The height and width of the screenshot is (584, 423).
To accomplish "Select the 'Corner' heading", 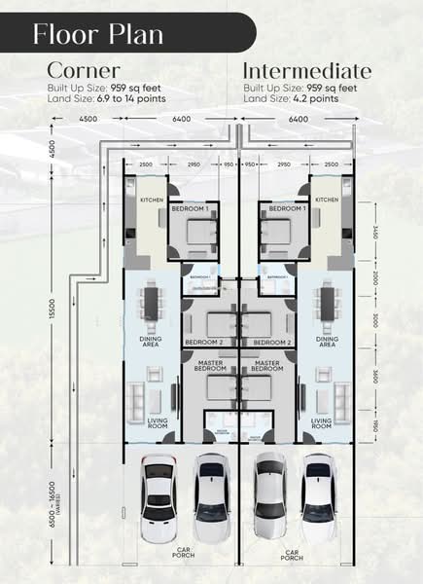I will (x=84, y=71).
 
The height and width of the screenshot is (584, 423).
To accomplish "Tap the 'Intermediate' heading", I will (x=306, y=71).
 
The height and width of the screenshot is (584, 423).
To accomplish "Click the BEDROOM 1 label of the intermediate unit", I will (x=285, y=209).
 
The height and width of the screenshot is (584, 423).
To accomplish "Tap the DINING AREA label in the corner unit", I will (x=151, y=342).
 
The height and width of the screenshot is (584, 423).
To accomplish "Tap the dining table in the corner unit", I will (x=152, y=303).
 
